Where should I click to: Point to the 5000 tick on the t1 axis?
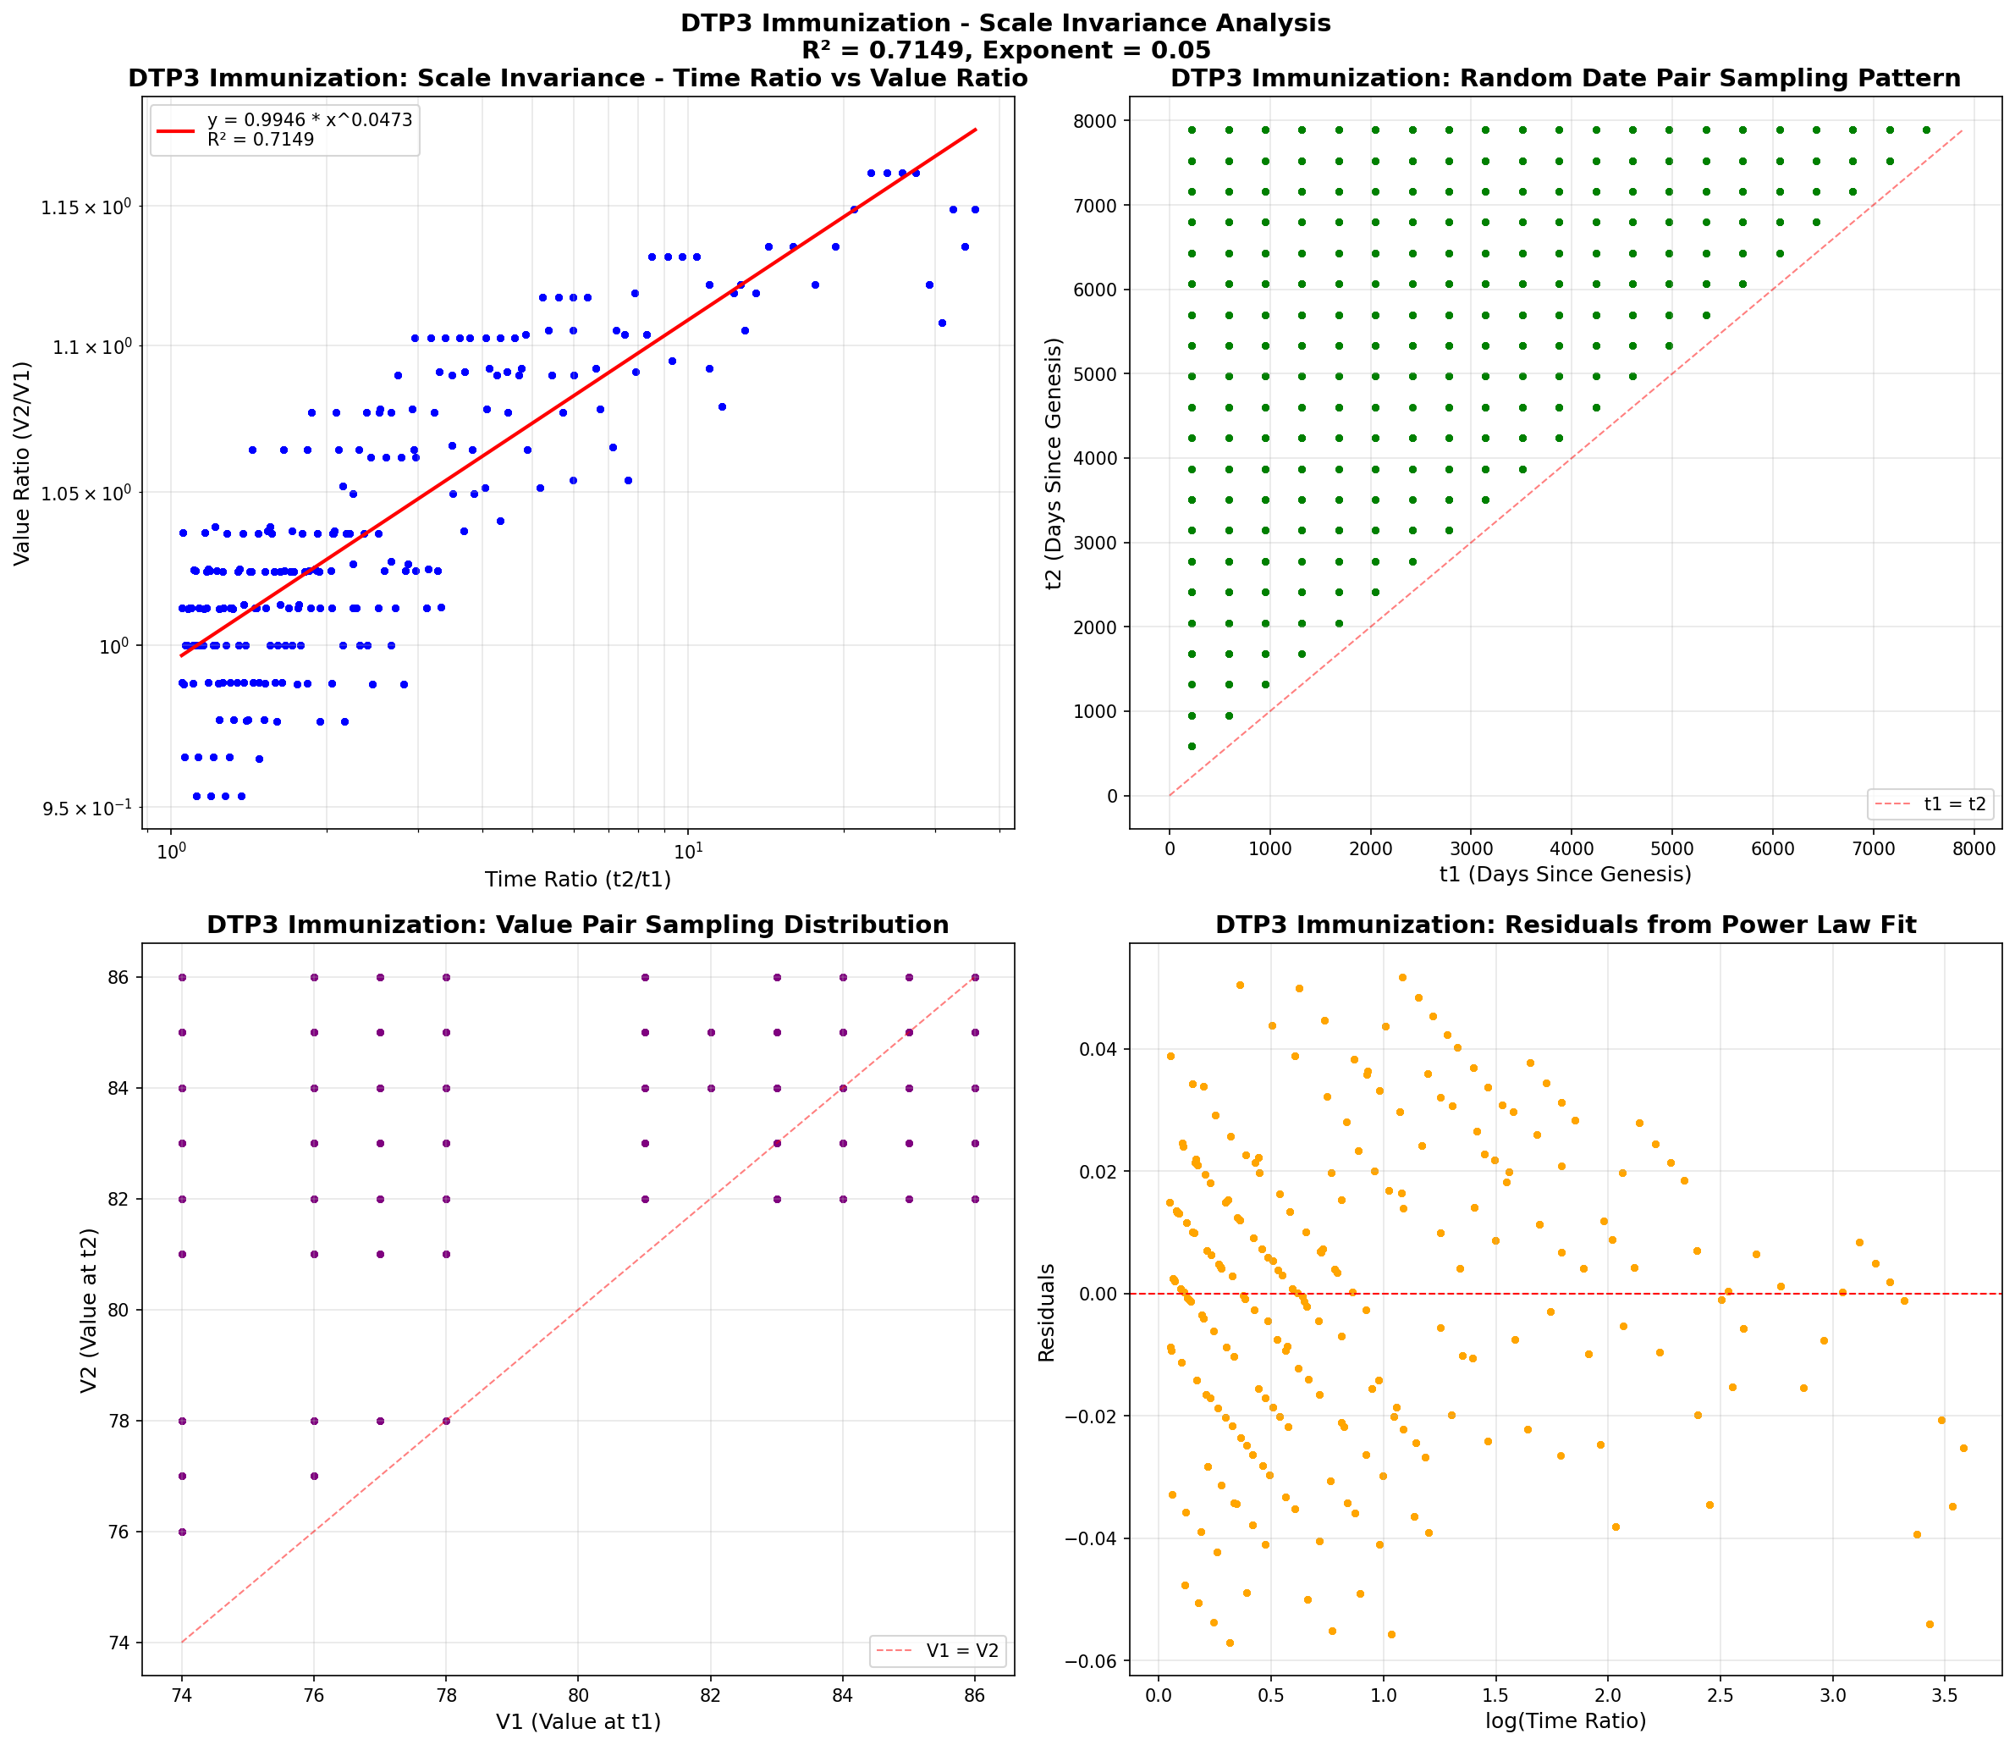pyautogui.click(x=1672, y=849)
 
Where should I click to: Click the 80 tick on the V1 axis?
pyautogui.click(x=578, y=1695)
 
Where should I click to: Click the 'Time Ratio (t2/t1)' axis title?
pyautogui.click(x=578, y=880)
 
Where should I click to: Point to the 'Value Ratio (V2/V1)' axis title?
pyautogui.click(x=21, y=463)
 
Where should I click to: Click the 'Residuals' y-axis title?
pyautogui.click(x=1047, y=1312)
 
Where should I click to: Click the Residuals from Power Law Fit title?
pyautogui.click(x=1566, y=925)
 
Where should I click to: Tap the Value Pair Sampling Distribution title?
pyautogui.click(x=578, y=925)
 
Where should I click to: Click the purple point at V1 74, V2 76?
pyautogui.click(x=182, y=1532)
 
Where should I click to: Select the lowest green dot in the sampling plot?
pyautogui.click(x=1192, y=747)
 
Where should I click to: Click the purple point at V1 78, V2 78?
pyautogui.click(x=446, y=1421)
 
